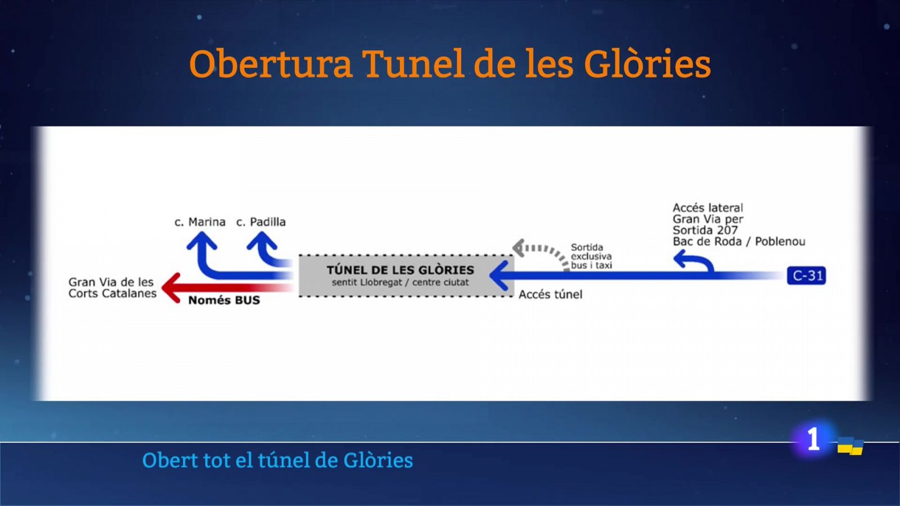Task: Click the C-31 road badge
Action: (806, 275)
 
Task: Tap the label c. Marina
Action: (200, 222)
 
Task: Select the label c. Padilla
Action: (261, 222)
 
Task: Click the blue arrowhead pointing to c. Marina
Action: (201, 243)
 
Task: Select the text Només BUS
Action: (224, 300)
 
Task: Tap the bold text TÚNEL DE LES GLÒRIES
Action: (400, 270)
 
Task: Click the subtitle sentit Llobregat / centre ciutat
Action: (400, 282)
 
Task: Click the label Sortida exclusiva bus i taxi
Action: (591, 256)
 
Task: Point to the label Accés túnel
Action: (550, 295)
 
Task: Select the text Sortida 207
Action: (705, 230)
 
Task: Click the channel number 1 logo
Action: (813, 439)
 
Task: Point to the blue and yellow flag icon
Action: (850, 446)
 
